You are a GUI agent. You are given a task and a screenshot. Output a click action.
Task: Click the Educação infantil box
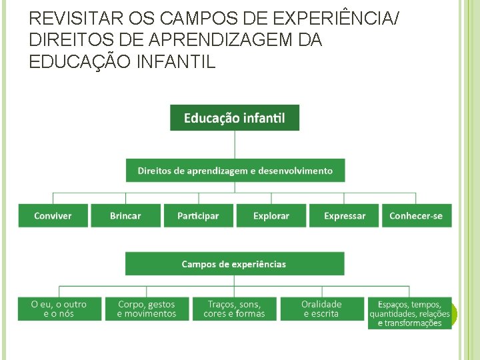tap(235, 117)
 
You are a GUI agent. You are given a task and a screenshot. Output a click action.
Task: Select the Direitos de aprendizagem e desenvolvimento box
tap(235, 171)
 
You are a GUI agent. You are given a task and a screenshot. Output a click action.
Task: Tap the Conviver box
tap(53, 216)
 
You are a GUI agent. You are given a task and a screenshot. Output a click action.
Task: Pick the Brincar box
tap(125, 216)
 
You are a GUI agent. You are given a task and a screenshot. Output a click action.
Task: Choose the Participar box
tap(198, 216)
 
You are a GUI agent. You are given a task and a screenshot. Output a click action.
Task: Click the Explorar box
tap(271, 216)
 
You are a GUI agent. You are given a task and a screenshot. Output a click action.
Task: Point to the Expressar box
tap(344, 216)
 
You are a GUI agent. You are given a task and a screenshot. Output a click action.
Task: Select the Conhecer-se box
tap(416, 216)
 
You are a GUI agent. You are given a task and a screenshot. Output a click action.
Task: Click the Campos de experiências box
tap(234, 264)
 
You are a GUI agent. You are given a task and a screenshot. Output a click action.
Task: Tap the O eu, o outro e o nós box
tap(59, 309)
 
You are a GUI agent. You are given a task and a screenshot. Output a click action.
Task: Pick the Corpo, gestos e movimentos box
tap(147, 309)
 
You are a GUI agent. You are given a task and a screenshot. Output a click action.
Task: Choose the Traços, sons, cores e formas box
tap(234, 309)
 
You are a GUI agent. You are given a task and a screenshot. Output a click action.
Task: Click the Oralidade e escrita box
tap(321, 309)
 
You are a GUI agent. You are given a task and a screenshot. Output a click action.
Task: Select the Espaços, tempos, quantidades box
tap(409, 313)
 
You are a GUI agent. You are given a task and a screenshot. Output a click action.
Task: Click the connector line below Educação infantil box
tap(235, 144)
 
